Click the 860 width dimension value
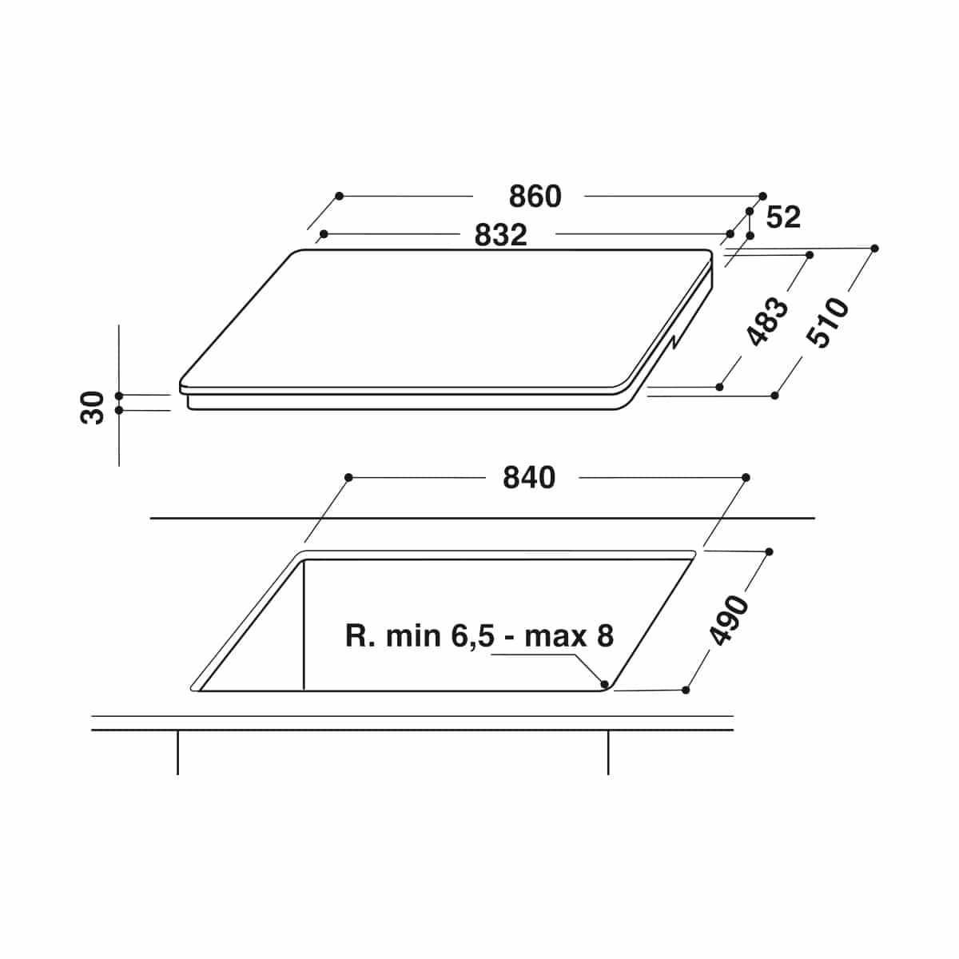click(x=535, y=196)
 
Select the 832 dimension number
click(x=500, y=235)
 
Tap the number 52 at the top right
click(x=784, y=217)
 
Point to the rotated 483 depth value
click(x=768, y=321)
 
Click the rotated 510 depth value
click(x=827, y=322)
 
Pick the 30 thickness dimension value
click(x=92, y=408)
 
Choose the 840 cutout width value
click(x=529, y=478)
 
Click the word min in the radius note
click(x=413, y=636)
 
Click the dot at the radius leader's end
click(x=605, y=684)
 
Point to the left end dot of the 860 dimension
click(x=340, y=196)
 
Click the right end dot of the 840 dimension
click(x=746, y=478)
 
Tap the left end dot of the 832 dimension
click(x=324, y=234)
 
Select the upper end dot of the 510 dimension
click(x=874, y=249)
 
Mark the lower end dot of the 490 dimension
click(x=686, y=690)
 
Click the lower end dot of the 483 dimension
click(x=719, y=387)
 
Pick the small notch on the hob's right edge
click(x=674, y=342)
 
